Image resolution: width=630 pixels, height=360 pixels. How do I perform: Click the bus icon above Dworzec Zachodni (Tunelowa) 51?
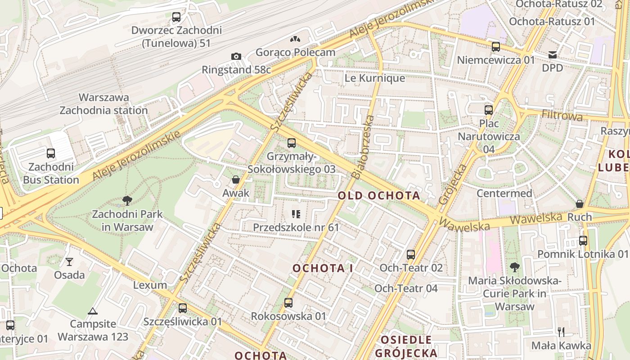point(176,18)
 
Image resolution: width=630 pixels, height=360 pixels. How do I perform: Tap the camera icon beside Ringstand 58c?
point(236,56)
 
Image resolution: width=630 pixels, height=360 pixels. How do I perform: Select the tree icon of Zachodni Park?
point(127,201)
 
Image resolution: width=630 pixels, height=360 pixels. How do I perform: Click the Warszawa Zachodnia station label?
point(104,104)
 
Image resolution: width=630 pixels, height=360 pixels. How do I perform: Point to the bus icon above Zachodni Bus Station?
point(51,153)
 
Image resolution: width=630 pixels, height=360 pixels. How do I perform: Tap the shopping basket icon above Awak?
point(235,180)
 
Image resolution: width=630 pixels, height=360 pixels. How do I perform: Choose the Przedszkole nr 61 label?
point(296,227)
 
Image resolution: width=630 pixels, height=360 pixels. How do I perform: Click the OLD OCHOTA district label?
point(379,195)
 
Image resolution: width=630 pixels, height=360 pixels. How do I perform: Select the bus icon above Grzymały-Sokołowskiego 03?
point(292,143)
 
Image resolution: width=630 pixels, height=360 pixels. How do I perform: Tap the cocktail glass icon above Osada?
point(69,261)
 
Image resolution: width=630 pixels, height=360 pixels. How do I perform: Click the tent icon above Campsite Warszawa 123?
point(93,311)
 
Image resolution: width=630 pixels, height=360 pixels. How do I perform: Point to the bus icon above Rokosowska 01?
point(288,303)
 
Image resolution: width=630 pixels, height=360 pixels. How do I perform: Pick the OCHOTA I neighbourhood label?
point(323,268)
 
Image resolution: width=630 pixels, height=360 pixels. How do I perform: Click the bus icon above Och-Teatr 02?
point(411,255)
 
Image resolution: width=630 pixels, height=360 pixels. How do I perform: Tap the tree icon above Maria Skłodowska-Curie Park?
point(515,268)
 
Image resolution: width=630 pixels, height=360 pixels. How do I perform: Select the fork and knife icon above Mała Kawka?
point(561,332)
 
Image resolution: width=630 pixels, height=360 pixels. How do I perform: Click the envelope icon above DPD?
point(553,55)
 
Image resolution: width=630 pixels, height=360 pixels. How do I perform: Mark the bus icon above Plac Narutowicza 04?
point(489,110)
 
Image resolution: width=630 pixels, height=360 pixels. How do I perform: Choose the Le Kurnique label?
point(375,78)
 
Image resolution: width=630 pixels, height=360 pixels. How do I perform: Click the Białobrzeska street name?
point(363,147)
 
